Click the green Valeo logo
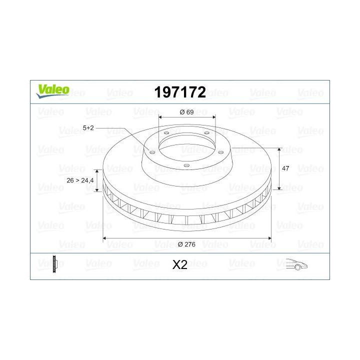pyautogui.click(x=53, y=91)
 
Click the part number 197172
pyautogui.click(x=180, y=92)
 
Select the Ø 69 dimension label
pyautogui.click(x=186, y=112)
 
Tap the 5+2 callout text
pyautogui.click(x=88, y=128)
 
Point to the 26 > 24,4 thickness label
pyautogui.click(x=80, y=180)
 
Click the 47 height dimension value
pyautogui.click(x=285, y=168)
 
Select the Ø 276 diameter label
pyautogui.click(x=186, y=244)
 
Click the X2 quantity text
pyautogui.click(x=180, y=264)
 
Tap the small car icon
pyautogui.click(x=296, y=264)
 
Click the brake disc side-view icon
pyautogui.click(x=55, y=264)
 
